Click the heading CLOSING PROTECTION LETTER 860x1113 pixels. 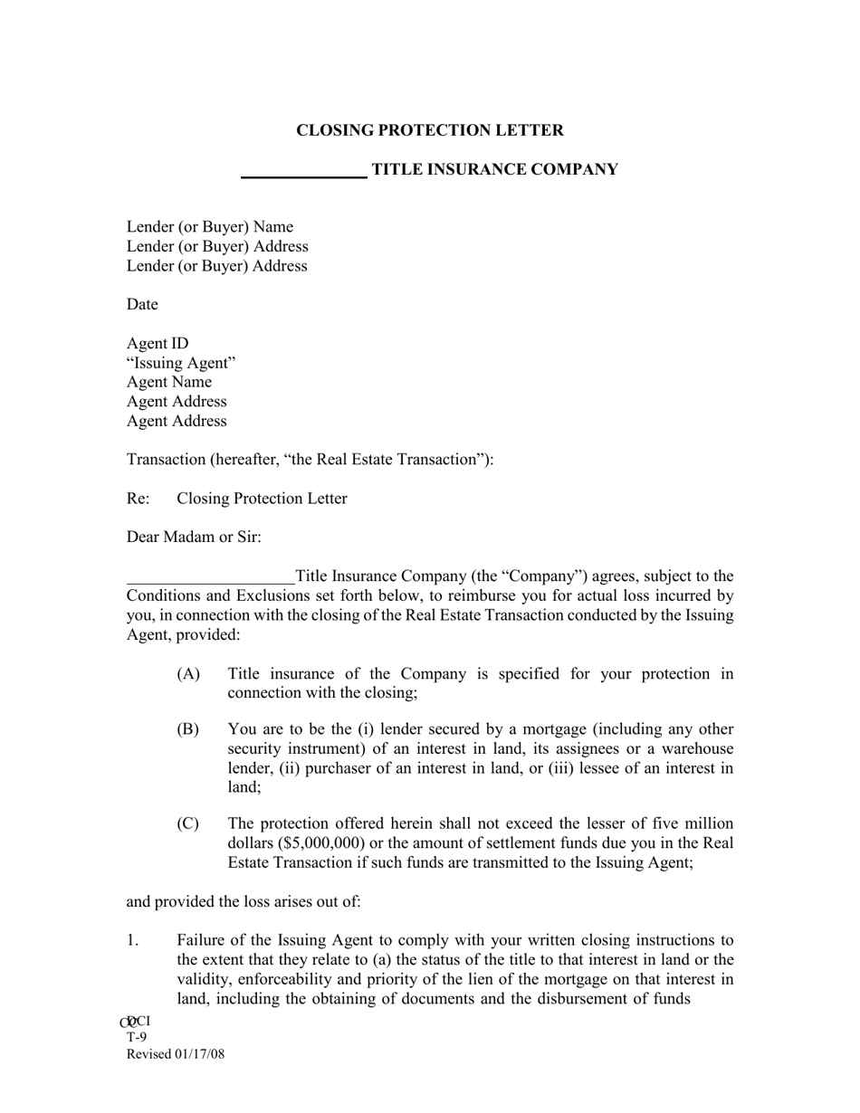429,130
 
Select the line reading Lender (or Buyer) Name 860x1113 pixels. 210,227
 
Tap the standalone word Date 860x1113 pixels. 142,305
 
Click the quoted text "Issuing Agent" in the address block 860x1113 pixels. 181,363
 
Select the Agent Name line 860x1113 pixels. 169,383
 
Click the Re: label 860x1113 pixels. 138,499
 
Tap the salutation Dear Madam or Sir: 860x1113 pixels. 194,537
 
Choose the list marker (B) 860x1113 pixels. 188,730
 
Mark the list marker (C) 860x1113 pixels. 188,824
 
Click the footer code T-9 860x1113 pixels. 137,1038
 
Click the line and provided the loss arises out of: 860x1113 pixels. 244,902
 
